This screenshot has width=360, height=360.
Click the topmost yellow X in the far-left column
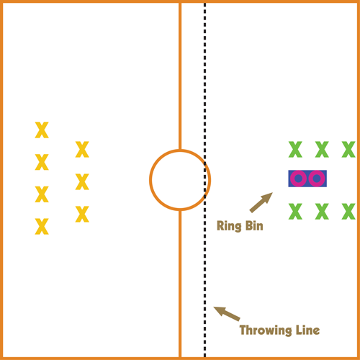coord(42,130)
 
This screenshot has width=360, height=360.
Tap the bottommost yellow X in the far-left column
coord(42,226)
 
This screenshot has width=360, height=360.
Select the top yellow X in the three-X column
coord(82,149)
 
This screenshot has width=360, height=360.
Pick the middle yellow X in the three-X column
coord(82,181)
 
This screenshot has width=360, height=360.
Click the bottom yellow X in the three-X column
coord(82,214)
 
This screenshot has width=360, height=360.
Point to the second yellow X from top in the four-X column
coord(42,162)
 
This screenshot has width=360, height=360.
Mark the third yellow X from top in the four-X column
coord(42,194)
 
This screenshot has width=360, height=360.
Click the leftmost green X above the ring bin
coord(295,149)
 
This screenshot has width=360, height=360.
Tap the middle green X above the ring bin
coord(322,149)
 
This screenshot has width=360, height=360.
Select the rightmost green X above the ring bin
coord(348,149)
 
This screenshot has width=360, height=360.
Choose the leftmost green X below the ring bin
coord(295,212)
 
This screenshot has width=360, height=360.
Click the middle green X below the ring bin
coord(322,212)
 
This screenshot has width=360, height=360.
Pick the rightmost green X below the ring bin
coord(348,212)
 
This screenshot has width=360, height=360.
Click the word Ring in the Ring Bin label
coord(229,226)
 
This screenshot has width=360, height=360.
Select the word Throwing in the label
coord(266,330)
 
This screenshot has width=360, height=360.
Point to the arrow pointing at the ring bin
coord(261,202)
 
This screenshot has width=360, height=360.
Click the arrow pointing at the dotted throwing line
coord(227,313)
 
